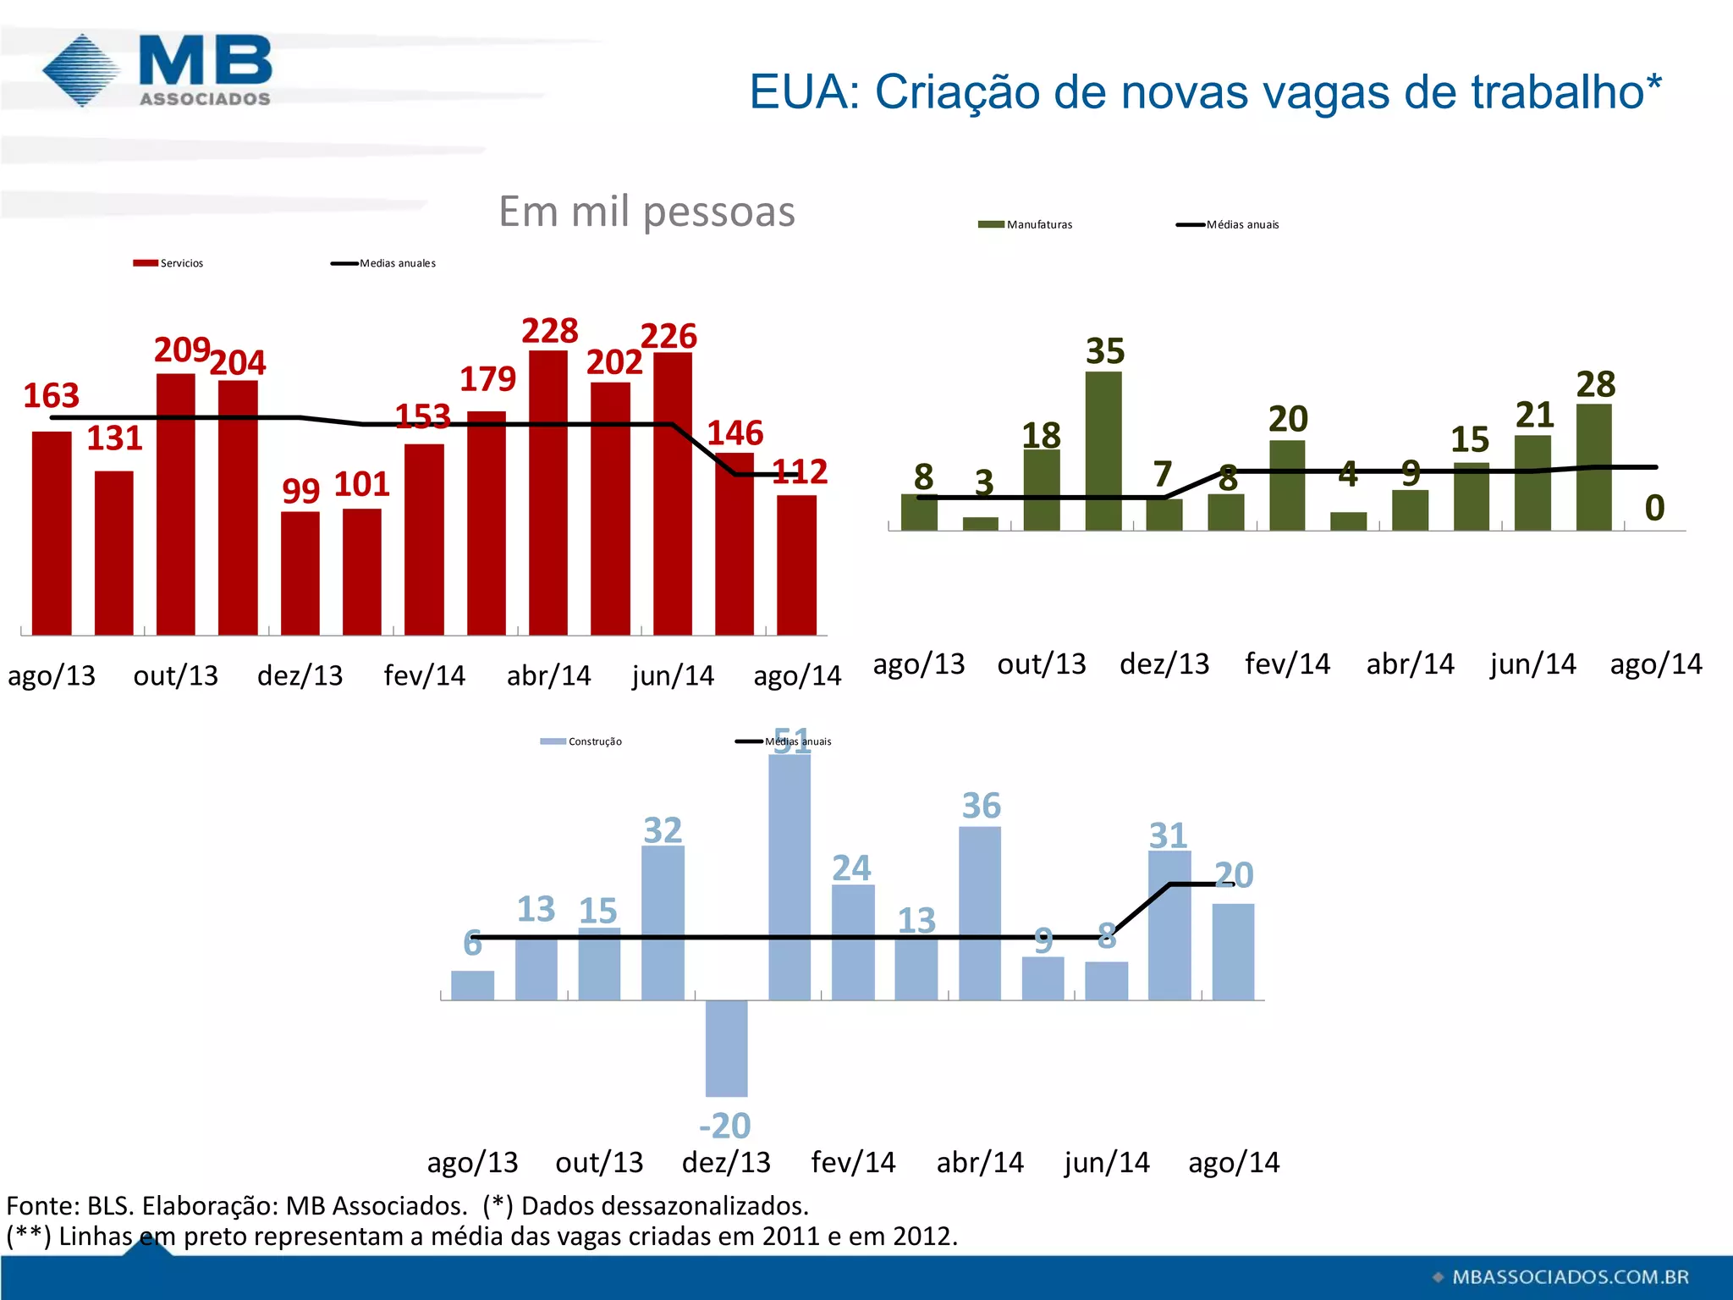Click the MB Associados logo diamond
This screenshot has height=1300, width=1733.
pyautogui.click(x=81, y=70)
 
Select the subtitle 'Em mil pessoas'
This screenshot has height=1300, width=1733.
pyautogui.click(x=646, y=212)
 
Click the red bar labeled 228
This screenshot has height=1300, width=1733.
pyautogui.click(x=548, y=491)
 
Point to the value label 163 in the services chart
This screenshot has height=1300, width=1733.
pyautogui.click(x=51, y=396)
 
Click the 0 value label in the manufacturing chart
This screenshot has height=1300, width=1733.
pyautogui.click(x=1654, y=509)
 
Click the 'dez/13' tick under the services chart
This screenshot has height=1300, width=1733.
pyautogui.click(x=300, y=675)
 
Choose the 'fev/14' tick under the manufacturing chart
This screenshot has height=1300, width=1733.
pyautogui.click(x=1287, y=664)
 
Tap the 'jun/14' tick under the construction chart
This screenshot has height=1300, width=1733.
pyautogui.click(x=1107, y=1163)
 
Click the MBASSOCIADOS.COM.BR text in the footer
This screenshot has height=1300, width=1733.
pyautogui.click(x=1570, y=1277)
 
